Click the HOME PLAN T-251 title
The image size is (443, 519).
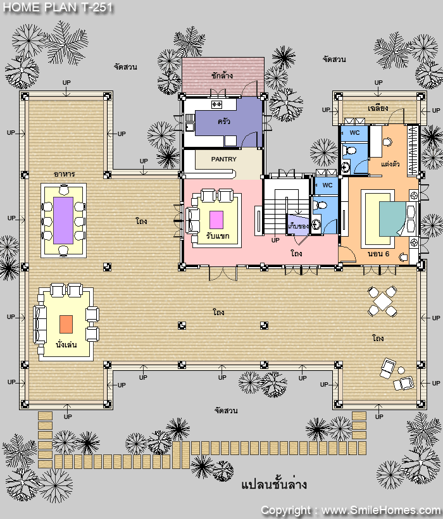click(58, 8)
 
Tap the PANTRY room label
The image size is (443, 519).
click(224, 159)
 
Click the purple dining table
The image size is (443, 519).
click(63, 220)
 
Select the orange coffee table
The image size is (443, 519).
click(66, 324)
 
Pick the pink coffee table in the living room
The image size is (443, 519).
click(216, 220)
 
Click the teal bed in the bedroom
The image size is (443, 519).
click(392, 219)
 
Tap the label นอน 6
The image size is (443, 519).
click(378, 254)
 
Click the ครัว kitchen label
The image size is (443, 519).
click(223, 121)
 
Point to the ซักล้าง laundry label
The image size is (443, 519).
click(222, 75)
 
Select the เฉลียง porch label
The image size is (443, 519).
click(378, 108)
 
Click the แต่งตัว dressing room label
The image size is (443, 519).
click(390, 164)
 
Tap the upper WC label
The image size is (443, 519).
click(354, 133)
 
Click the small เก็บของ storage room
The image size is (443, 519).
click(298, 225)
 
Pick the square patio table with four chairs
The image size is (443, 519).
click(382, 301)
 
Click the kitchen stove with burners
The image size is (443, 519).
click(216, 104)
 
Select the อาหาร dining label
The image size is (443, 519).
click(64, 174)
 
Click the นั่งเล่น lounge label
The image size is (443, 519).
click(66, 344)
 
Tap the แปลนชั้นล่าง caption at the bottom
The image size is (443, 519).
click(274, 485)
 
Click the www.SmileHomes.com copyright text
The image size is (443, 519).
click(381, 511)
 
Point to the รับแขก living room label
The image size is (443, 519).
click(217, 235)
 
